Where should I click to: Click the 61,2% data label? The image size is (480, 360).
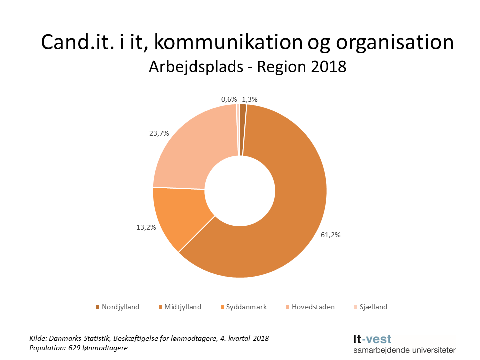(330, 235)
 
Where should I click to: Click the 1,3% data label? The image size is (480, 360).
(249, 99)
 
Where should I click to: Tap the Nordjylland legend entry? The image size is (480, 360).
(120, 307)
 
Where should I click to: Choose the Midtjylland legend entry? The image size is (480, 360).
(183, 307)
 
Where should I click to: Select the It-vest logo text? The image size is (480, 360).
(372, 339)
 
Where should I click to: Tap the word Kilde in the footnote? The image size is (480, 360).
(38, 338)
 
